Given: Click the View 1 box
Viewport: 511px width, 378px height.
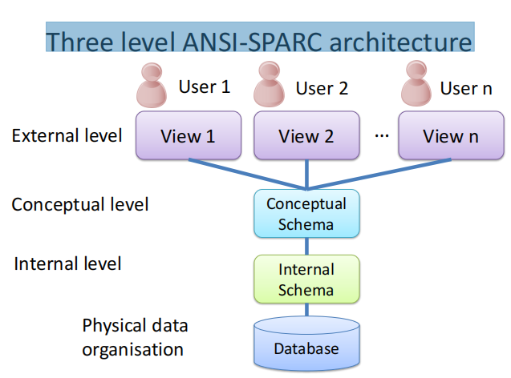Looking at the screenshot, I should click(x=187, y=135).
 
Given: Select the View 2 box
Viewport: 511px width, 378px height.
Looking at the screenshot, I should click(x=305, y=135).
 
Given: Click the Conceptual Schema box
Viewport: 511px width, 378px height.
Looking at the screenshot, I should click(x=306, y=213).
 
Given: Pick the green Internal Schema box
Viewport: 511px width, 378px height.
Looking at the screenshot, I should click(x=306, y=278).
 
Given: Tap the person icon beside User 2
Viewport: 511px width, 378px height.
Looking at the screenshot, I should click(x=267, y=83).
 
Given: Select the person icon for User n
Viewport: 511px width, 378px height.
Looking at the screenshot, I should click(x=412, y=83).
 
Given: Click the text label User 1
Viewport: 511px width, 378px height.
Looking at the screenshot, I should click(x=203, y=86).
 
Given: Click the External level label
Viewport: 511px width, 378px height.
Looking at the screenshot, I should click(x=67, y=135).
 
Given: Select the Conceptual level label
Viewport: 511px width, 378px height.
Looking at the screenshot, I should click(x=79, y=204).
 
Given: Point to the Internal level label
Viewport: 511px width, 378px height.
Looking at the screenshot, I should click(x=67, y=263).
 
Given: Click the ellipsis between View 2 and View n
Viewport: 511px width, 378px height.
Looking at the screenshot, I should click(x=382, y=135).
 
